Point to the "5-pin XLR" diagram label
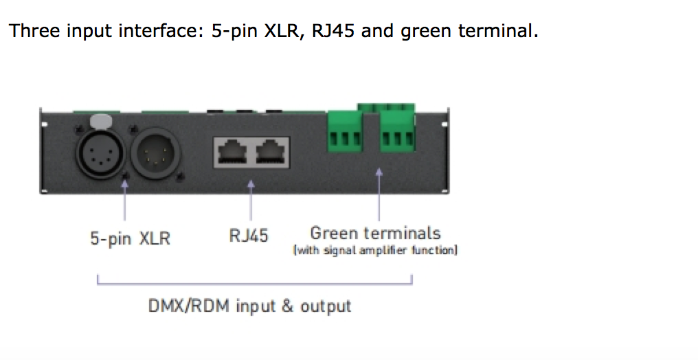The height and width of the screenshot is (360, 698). [130, 239]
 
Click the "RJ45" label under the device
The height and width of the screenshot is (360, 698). [249, 236]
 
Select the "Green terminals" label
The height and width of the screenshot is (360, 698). [375, 233]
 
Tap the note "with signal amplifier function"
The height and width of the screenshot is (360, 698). [375, 250]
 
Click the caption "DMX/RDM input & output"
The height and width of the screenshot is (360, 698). [250, 305]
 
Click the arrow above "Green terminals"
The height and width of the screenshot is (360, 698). [379, 196]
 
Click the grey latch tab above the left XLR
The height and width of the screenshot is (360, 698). [100, 120]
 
